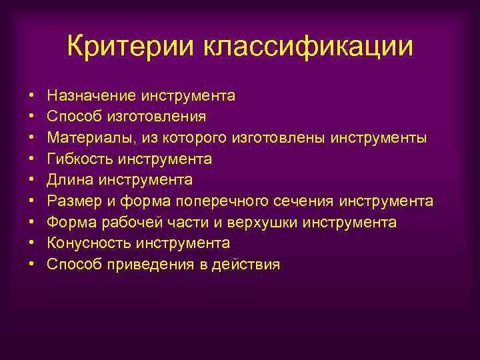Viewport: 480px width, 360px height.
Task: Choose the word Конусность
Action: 86,243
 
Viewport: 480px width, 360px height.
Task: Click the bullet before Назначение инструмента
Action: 31,95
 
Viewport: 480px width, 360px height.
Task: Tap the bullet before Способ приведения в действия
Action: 31,265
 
